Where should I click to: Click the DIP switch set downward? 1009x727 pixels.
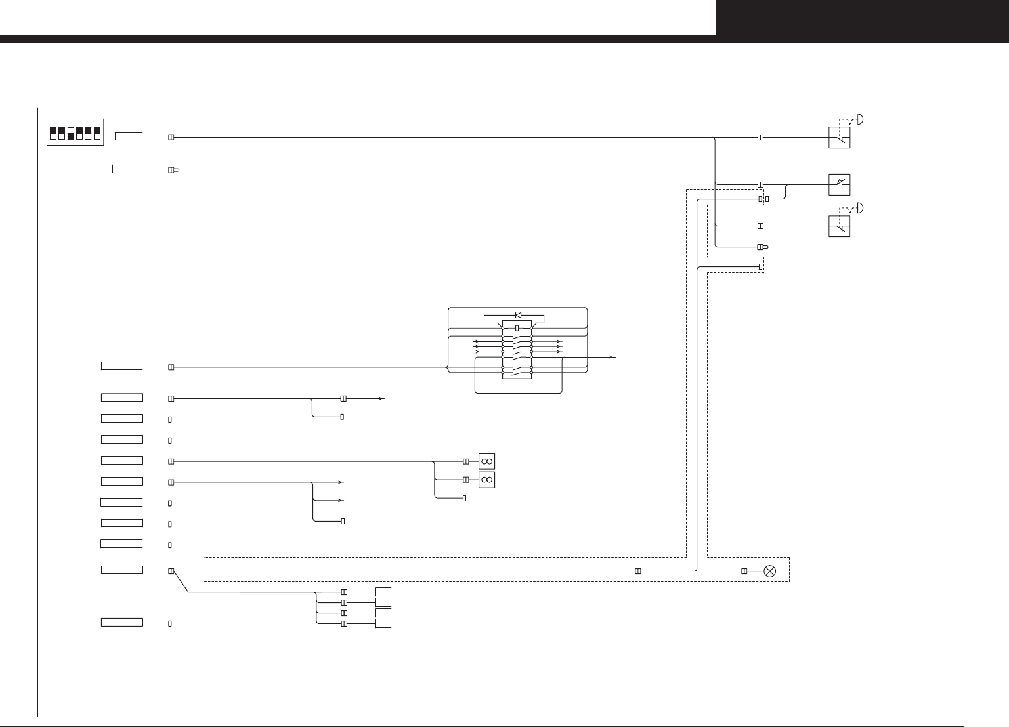(x=71, y=134)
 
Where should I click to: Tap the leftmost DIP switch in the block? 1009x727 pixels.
(x=53, y=134)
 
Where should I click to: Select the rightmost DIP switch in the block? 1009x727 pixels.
(x=97, y=134)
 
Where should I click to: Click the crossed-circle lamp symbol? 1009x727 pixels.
(x=770, y=571)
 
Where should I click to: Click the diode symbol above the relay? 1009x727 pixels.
(x=518, y=315)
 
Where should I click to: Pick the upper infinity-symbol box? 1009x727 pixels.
(x=486, y=461)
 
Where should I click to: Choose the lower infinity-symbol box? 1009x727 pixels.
(x=486, y=480)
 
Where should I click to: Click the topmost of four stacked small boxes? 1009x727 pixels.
(x=383, y=592)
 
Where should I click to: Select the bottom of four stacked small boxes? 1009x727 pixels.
(x=383, y=623)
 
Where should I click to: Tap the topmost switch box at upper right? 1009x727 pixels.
(x=839, y=138)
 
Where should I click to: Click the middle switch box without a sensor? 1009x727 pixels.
(x=839, y=184)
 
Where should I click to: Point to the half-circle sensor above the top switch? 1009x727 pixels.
(x=860, y=119)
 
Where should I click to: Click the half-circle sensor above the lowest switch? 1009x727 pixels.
(x=860, y=207)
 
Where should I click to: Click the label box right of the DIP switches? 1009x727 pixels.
(x=128, y=136)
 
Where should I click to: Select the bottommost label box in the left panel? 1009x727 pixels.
(x=122, y=622)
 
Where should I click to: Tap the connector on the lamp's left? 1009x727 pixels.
(x=744, y=571)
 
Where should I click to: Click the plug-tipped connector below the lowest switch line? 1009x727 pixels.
(x=762, y=247)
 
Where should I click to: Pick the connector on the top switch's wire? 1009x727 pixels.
(x=760, y=138)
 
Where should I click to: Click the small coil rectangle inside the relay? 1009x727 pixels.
(x=517, y=327)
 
